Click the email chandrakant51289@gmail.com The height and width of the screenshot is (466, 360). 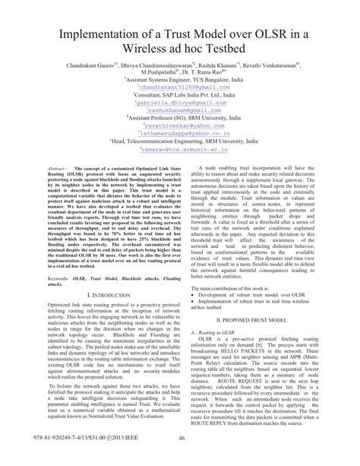pos(181,87)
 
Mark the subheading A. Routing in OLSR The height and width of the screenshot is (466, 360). pos(213,333)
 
